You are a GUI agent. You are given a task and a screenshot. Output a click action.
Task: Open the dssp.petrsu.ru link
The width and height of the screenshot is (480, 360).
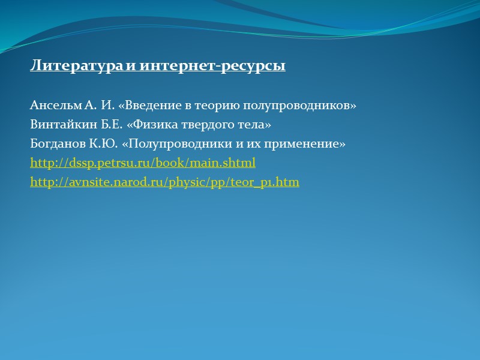point(143,163)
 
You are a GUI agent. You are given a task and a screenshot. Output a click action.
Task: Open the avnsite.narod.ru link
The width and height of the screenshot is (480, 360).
point(164,182)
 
